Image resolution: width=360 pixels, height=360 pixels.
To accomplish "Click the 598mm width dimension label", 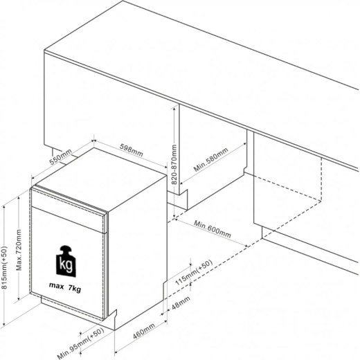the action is [132, 150].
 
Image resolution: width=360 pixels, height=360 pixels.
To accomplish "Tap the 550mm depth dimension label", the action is [61, 157].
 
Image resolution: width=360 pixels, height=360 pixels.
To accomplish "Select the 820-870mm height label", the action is [174, 165].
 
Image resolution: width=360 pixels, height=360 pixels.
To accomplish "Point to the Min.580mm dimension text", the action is [211, 159].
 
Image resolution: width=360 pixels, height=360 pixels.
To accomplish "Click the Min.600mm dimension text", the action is [213, 229].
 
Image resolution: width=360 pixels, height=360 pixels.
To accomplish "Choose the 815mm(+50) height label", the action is [5, 267].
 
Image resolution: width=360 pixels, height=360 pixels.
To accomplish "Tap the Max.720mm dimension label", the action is [19, 250].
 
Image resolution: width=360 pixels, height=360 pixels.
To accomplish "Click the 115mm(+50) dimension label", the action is [194, 273].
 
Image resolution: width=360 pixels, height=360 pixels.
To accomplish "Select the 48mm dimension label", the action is [181, 303].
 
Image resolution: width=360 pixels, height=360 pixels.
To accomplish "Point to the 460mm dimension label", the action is [144, 331].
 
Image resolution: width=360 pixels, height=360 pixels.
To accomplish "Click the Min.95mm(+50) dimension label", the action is [80, 343].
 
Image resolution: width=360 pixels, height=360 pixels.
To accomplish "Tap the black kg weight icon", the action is [66, 261].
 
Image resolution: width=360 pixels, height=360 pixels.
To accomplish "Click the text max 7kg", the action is [65, 287].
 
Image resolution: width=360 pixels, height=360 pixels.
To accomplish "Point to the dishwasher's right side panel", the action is [138, 249].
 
